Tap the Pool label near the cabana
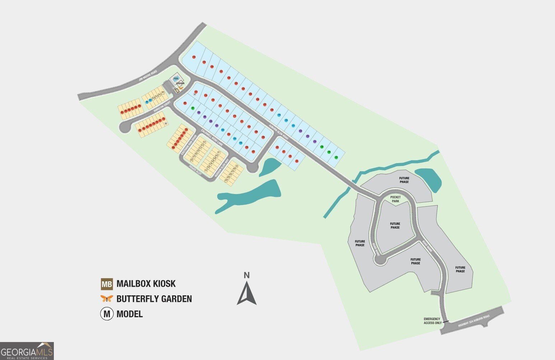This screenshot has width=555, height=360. tap(176, 78)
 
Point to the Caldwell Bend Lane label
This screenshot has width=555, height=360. tap(212, 137)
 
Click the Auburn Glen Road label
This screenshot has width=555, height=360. tap(279, 132)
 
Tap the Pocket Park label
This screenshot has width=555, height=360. tap(395, 199)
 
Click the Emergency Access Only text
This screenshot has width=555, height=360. tap(433, 321)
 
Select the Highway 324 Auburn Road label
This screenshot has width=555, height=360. tap(474, 321)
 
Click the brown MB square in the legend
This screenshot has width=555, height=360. tap(107, 284)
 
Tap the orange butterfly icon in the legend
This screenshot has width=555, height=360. tap(107, 299)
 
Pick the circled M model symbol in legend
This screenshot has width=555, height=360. tap(107, 314)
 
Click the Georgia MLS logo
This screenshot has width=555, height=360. tap(27, 351)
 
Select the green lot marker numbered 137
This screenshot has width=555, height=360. tap(336, 157)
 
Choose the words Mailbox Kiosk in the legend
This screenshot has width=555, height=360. tap(146, 284)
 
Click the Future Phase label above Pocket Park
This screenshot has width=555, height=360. tap(404, 180)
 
